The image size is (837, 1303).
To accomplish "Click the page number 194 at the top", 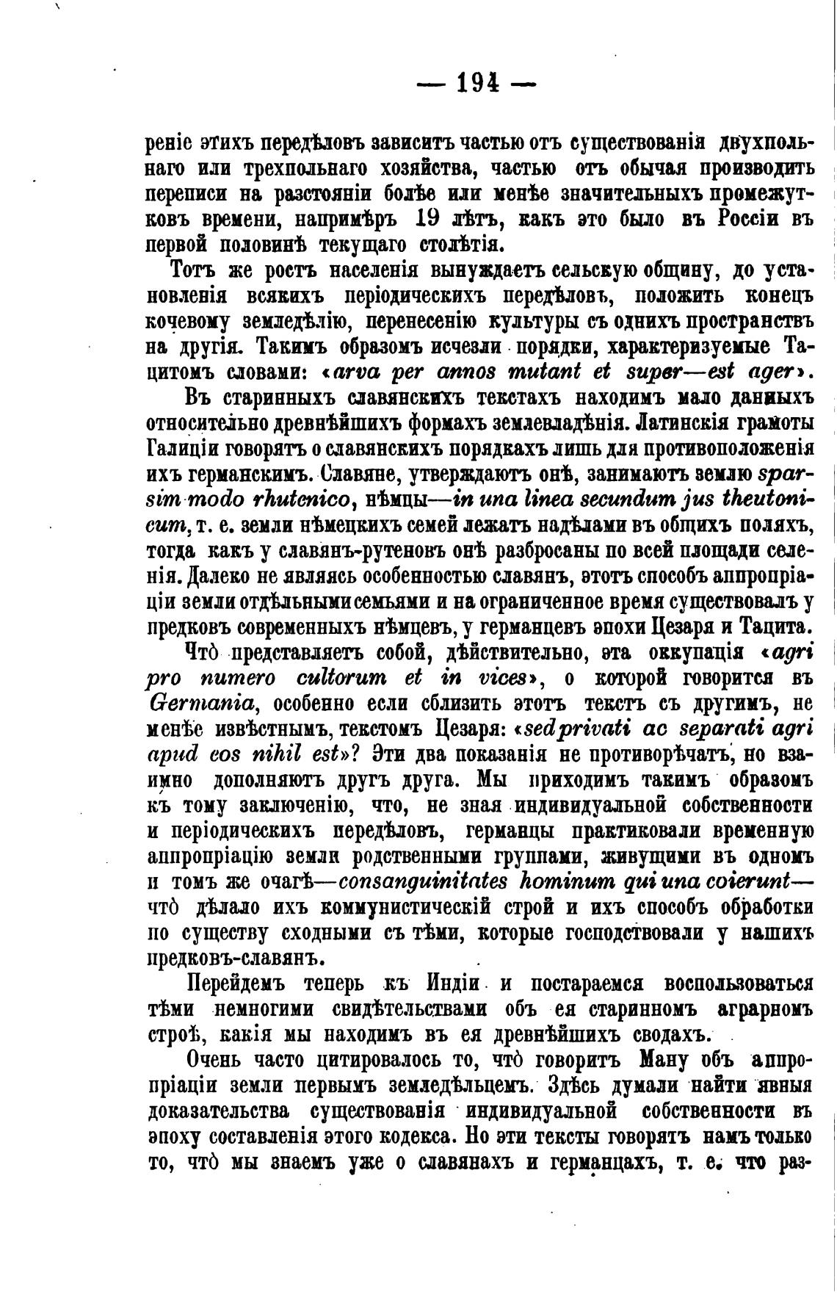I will pyautogui.click(x=477, y=84).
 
